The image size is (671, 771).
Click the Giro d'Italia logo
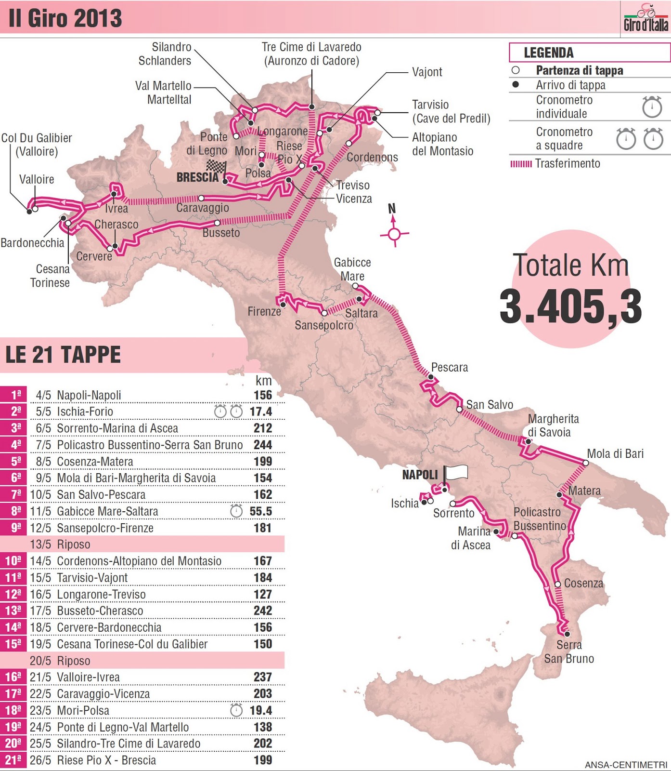click(x=645, y=18)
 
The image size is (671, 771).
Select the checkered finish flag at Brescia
click(x=217, y=167)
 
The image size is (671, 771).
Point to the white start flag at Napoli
click(x=455, y=472)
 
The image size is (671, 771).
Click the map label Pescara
click(x=449, y=368)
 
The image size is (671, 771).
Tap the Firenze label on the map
click(x=264, y=312)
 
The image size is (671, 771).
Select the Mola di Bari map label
click(x=615, y=454)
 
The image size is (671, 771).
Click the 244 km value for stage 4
click(x=263, y=445)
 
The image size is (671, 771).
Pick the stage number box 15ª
click(x=13, y=644)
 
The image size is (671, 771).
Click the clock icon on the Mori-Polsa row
click(x=236, y=710)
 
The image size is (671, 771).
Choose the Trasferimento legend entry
click(x=567, y=164)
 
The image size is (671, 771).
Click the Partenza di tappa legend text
click(x=579, y=71)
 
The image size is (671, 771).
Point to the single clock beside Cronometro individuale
click(x=652, y=107)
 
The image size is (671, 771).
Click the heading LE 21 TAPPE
click(x=63, y=355)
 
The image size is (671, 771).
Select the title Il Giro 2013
click(x=65, y=18)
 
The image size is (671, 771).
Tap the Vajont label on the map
click(x=426, y=72)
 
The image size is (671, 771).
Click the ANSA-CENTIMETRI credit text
click(x=625, y=765)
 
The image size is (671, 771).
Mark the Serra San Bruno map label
click(x=569, y=652)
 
